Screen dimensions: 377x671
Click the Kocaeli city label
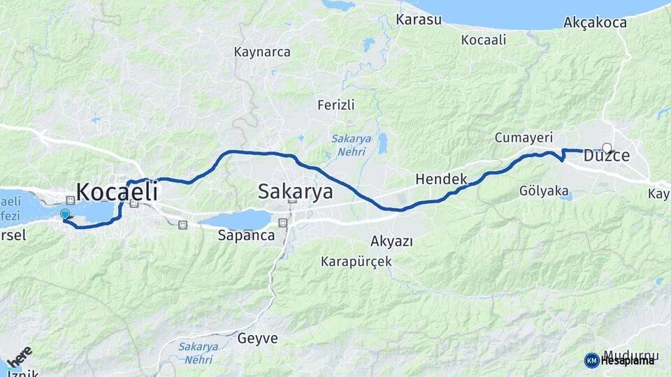click(117, 192)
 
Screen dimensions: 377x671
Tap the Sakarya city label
click(295, 191)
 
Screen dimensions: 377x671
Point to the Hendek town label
click(441, 179)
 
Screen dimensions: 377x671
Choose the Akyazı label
click(391, 242)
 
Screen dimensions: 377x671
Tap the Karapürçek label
click(356, 262)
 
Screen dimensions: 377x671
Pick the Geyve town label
click(258, 339)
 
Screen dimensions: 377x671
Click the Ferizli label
click(336, 105)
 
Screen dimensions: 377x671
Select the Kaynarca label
click(262, 52)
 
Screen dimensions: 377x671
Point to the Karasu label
click(419, 20)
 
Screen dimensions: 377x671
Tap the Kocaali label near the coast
click(484, 40)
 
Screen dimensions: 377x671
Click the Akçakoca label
click(595, 23)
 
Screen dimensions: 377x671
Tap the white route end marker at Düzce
click(607, 147)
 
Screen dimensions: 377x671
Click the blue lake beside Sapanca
click(236, 220)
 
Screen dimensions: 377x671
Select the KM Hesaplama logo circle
click(591, 360)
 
